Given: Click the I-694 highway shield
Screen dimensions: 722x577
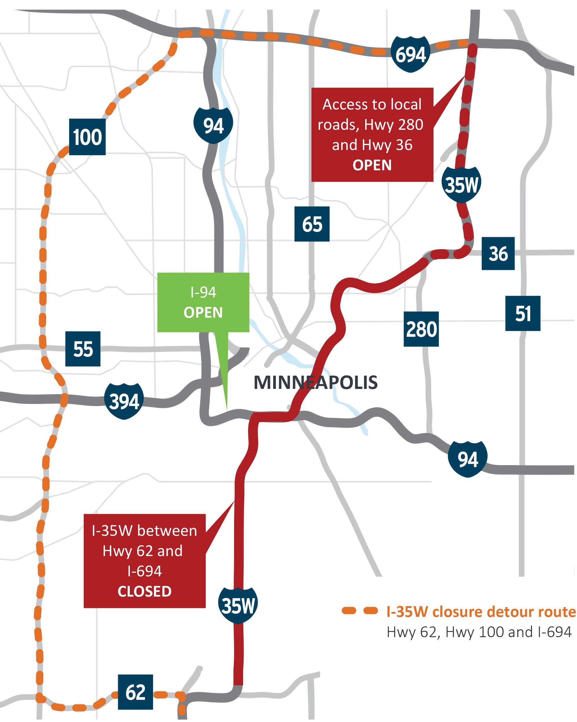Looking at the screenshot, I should (410, 54).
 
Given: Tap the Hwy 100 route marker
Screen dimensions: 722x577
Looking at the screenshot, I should (87, 137).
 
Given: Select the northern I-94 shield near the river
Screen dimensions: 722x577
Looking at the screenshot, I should (213, 126).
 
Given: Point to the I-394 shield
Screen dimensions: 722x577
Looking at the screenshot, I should (124, 401).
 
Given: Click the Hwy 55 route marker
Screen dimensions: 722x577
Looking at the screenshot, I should (83, 349).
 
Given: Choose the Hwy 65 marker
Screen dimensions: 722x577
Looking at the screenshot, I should (312, 224).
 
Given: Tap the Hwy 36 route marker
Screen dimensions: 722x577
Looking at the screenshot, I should (498, 253).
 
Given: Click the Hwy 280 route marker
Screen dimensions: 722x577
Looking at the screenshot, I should (421, 329).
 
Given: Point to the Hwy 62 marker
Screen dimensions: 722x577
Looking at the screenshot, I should (135, 692).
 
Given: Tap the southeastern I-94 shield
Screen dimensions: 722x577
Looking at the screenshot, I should (468, 459).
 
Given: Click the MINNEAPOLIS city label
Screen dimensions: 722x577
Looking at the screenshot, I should (315, 383).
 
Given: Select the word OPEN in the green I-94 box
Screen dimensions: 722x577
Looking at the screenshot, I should (203, 312).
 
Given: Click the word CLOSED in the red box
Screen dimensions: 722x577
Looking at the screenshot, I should (145, 591).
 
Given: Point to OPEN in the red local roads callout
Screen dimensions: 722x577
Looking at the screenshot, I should (372, 165).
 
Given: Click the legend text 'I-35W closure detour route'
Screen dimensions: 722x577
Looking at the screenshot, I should (481, 611).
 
